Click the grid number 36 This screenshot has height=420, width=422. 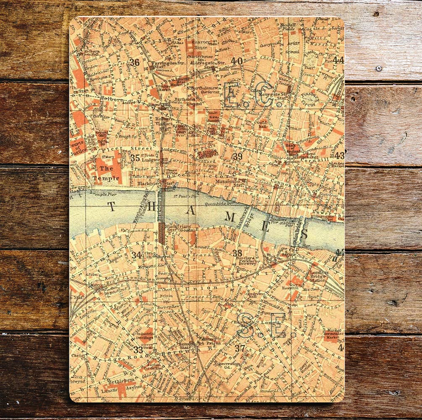click(134, 63)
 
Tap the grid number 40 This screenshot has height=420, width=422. click(237, 61)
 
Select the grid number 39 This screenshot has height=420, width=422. click(238, 156)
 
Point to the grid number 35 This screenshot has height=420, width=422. click(135, 158)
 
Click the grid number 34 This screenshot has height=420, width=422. click(136, 255)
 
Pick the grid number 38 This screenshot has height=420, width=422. click(237, 253)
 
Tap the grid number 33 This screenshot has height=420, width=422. click(138, 349)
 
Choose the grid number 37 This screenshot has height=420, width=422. click(240, 348)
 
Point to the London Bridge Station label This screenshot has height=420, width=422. click(318, 275)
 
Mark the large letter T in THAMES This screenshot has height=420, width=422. click(112, 206)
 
